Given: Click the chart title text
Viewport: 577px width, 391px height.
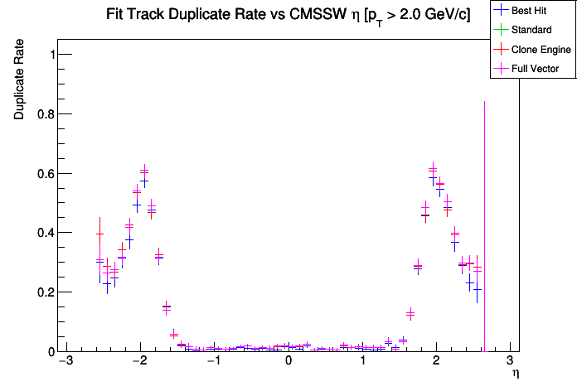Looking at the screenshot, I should [x=288, y=16].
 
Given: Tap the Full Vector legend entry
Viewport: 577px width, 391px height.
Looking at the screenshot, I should [x=536, y=69].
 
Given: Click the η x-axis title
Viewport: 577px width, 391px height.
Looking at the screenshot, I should [x=515, y=374].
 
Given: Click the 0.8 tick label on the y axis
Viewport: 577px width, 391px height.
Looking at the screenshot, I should [x=42, y=114].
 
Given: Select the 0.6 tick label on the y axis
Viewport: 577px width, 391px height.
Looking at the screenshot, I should [x=42, y=174].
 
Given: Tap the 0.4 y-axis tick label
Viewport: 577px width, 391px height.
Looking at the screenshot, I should [x=42, y=233].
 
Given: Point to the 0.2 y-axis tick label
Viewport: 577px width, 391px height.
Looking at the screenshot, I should [x=42, y=292].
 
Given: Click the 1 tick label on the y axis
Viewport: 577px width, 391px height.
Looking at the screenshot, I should [x=49, y=55].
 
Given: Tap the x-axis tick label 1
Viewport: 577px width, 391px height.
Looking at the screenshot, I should [x=362, y=363].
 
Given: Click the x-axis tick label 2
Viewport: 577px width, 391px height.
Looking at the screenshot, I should [x=436, y=363].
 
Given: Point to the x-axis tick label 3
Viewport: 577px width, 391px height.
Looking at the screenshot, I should [x=510, y=363].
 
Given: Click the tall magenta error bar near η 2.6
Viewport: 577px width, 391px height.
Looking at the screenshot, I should [x=484, y=207].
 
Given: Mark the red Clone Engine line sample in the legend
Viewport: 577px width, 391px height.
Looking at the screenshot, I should [x=501, y=50].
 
